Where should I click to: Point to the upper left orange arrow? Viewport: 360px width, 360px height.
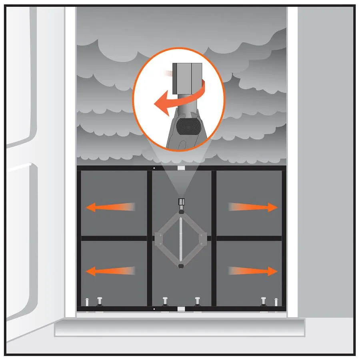click(110, 207)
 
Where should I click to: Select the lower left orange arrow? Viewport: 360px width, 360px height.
click(110, 271)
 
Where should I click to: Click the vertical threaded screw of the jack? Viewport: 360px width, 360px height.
click(182, 240)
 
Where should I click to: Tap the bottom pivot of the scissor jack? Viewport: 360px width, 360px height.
click(182, 264)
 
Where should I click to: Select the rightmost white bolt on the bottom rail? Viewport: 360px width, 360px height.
click(276, 302)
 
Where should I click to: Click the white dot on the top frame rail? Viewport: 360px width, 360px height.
click(154, 168)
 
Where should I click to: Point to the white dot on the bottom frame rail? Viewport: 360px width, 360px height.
click(154, 309)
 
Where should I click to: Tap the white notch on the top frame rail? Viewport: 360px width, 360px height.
click(181, 168)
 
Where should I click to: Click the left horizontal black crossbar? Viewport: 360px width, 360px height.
click(114, 238)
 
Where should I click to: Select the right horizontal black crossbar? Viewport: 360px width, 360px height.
click(249, 238)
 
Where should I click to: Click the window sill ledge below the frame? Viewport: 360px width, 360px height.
click(180, 327)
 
